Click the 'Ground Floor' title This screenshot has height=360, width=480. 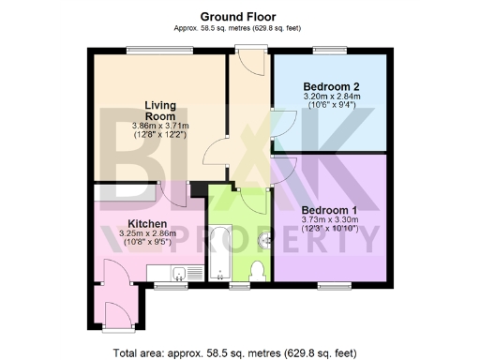pyautogui.click(x=239, y=16)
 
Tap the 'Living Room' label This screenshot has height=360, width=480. pyautogui.click(x=161, y=110)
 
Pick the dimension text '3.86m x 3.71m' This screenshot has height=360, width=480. pyautogui.click(x=160, y=126)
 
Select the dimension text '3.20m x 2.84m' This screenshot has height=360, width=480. pyautogui.click(x=328, y=96)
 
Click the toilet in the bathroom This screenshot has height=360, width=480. pyautogui.click(x=260, y=269)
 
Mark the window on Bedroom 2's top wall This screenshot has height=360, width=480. pyautogui.click(x=328, y=52)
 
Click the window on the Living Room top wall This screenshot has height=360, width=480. pyautogui.click(x=160, y=52)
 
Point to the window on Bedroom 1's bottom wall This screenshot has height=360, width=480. pyautogui.click(x=334, y=282)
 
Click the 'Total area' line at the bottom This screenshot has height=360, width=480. pyautogui.click(x=234, y=353)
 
